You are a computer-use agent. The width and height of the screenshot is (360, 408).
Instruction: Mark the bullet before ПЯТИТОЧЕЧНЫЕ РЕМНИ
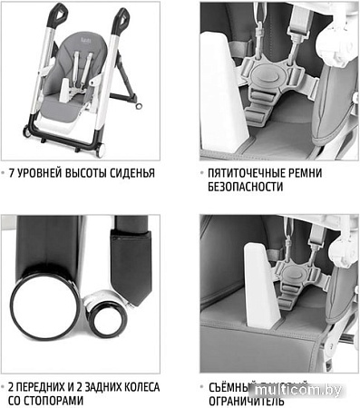tap(201, 171)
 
